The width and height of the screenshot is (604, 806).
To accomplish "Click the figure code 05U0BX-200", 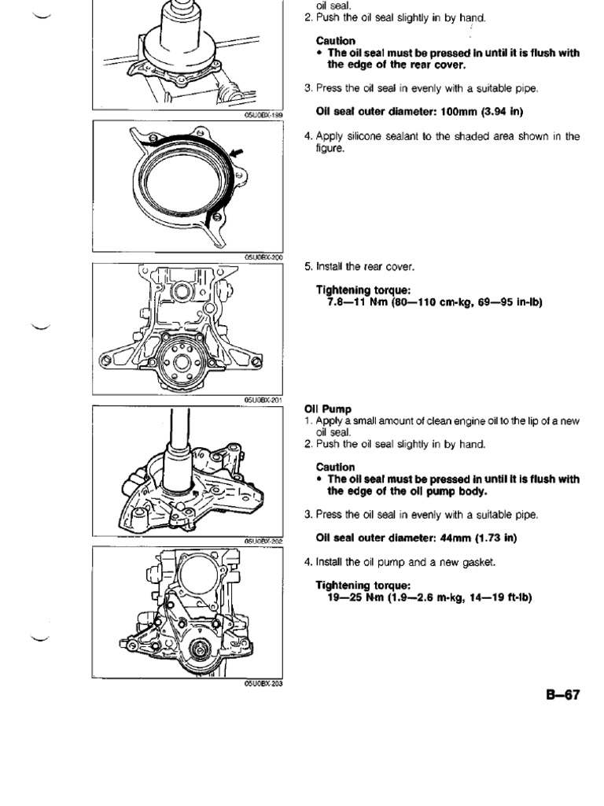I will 263,257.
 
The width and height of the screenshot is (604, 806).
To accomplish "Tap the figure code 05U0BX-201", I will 263,400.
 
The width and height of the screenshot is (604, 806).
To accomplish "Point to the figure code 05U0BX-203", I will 263,683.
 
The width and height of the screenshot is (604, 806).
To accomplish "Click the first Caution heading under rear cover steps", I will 335,41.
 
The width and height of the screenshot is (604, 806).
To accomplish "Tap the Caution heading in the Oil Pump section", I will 335,467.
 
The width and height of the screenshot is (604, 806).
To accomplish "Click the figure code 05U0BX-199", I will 263,114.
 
